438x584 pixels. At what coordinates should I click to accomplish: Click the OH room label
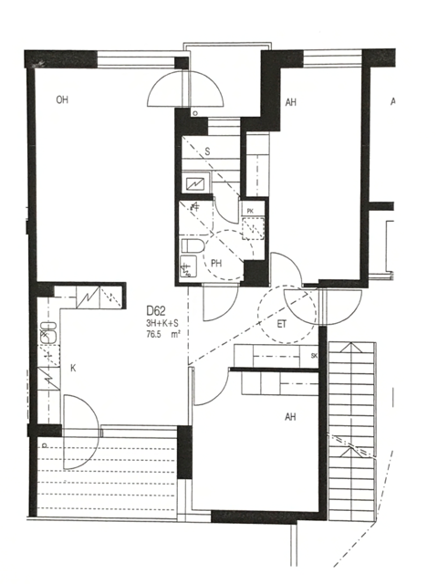tap(62, 99)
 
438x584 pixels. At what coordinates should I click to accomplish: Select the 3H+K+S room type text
tap(162, 323)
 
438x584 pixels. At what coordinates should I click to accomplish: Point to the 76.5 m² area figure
tap(162, 335)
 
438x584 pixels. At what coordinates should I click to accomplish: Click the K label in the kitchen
tap(74, 368)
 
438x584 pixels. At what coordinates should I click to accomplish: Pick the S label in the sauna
tap(207, 151)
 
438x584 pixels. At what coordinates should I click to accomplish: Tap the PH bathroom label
tap(217, 265)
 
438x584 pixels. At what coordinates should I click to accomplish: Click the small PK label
tap(250, 211)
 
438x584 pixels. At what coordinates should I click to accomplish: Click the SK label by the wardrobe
tap(314, 355)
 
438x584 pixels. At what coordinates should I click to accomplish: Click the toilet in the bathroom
tap(192, 246)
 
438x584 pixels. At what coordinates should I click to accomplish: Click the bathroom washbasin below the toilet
tap(189, 267)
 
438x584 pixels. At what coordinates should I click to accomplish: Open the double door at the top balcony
tap(186, 89)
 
